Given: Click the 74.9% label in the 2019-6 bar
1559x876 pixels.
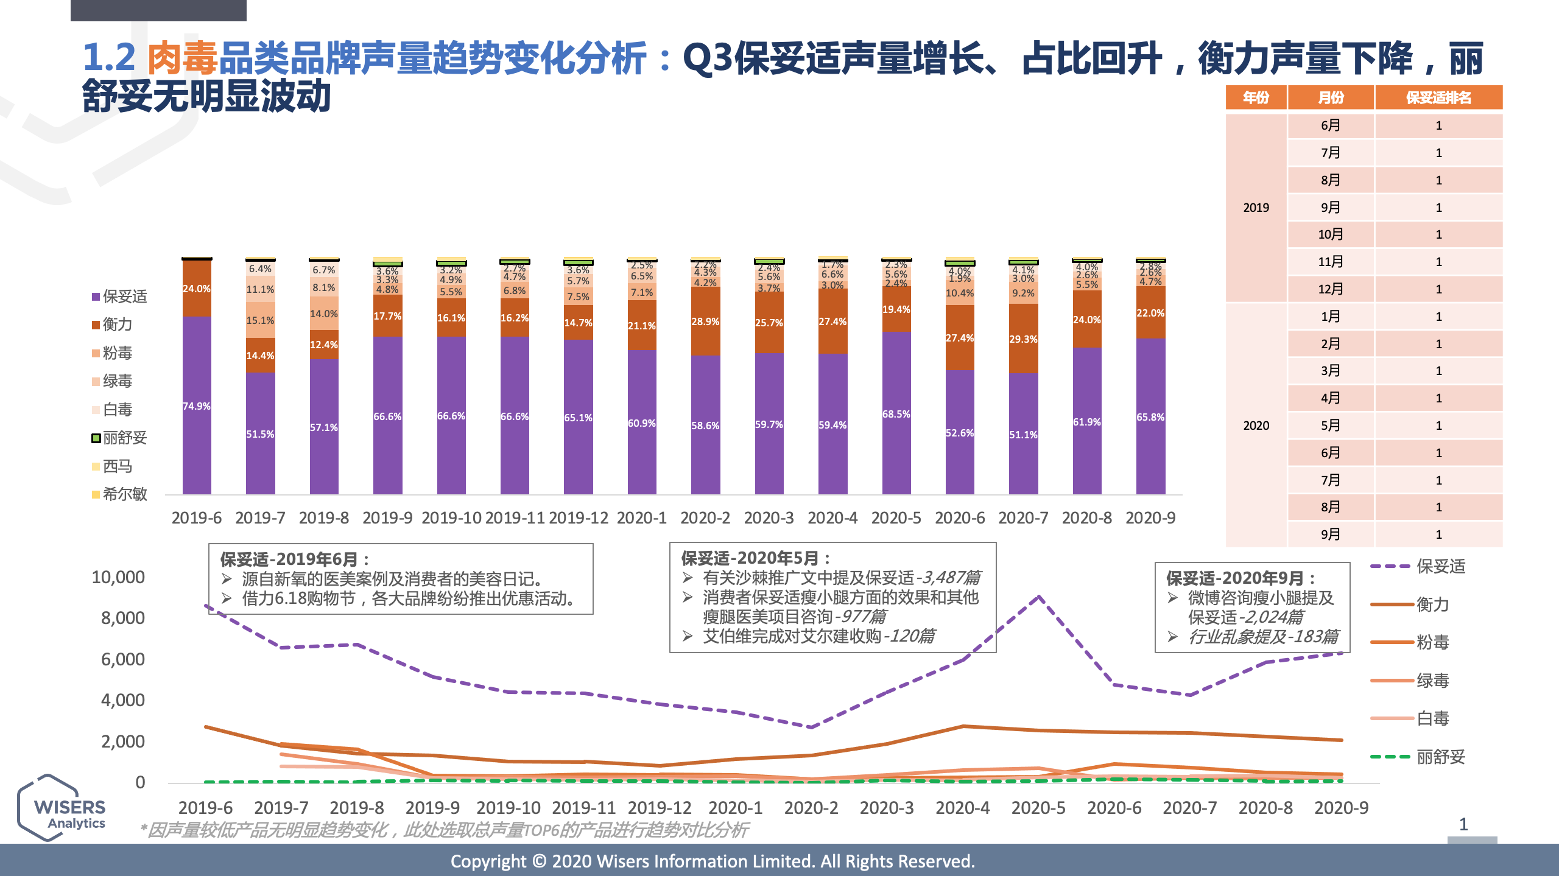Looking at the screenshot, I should click(x=196, y=406).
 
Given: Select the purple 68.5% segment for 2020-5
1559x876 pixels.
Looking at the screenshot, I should click(x=896, y=414).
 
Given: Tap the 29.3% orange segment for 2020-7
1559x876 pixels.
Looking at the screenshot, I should click(x=1023, y=339).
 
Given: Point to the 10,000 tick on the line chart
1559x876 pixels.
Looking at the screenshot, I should click(x=118, y=577).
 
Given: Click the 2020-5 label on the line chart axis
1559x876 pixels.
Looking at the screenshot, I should click(x=1038, y=808).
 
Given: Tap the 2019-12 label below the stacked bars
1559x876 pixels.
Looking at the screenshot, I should click(x=578, y=517).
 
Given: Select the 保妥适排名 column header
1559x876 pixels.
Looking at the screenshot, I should click(x=1438, y=97).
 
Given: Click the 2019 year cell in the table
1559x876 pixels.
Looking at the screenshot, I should click(x=1256, y=208).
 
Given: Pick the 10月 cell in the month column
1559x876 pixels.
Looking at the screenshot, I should click(x=1330, y=234).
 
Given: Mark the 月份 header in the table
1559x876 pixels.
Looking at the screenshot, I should click(x=1331, y=97).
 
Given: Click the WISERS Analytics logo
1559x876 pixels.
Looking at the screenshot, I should click(x=63, y=808).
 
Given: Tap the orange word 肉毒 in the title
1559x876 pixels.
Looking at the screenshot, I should click(x=182, y=58).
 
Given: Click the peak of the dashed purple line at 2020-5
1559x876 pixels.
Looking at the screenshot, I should click(x=1039, y=597).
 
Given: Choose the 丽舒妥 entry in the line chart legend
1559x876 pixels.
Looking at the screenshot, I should click(x=1440, y=757).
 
